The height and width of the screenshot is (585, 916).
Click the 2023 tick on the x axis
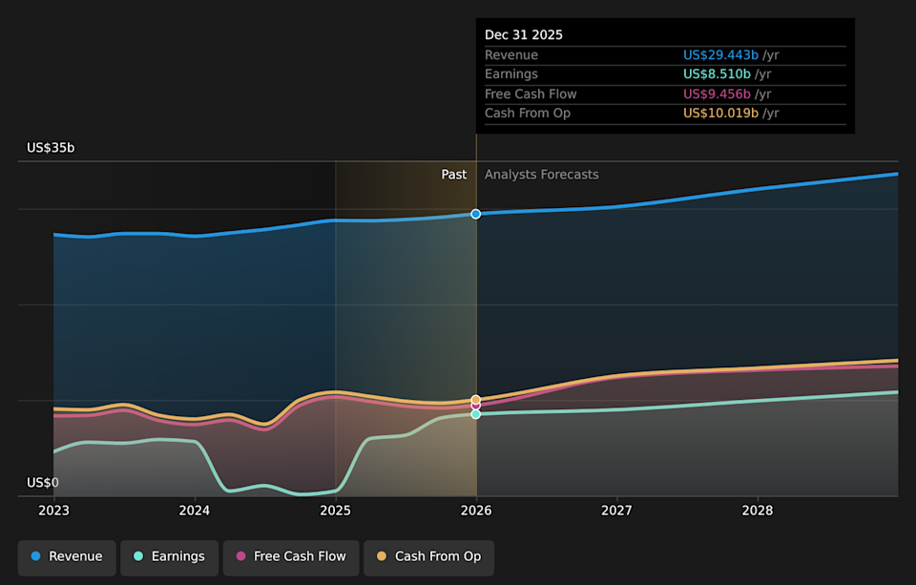tap(54, 512)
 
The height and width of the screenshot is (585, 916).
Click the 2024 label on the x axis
tap(195, 512)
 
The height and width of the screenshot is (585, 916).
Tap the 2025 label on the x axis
tap(335, 512)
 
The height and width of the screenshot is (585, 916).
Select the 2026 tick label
tap(476, 512)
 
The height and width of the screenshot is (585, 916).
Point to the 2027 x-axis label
tap(616, 512)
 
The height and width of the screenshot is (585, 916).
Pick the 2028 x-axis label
tap(758, 512)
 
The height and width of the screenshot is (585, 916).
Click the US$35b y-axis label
tap(51, 148)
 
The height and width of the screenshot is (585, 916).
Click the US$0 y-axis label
tap(43, 483)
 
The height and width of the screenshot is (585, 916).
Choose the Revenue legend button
tap(67, 556)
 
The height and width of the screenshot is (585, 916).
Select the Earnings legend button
tap(169, 556)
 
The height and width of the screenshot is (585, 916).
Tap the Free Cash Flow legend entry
tap(291, 556)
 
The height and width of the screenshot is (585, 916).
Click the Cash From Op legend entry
tap(428, 556)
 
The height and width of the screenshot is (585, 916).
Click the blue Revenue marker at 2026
tap(476, 214)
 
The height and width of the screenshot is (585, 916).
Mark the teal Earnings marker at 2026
tap(476, 414)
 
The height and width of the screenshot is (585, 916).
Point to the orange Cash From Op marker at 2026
tap(476, 400)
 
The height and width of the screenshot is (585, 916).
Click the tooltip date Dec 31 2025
tap(524, 34)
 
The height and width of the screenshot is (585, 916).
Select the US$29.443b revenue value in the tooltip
tap(720, 55)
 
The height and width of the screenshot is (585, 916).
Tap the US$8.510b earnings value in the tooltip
tap(717, 74)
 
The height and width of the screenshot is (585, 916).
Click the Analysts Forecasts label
tap(541, 175)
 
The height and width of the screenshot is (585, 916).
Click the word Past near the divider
tap(454, 175)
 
